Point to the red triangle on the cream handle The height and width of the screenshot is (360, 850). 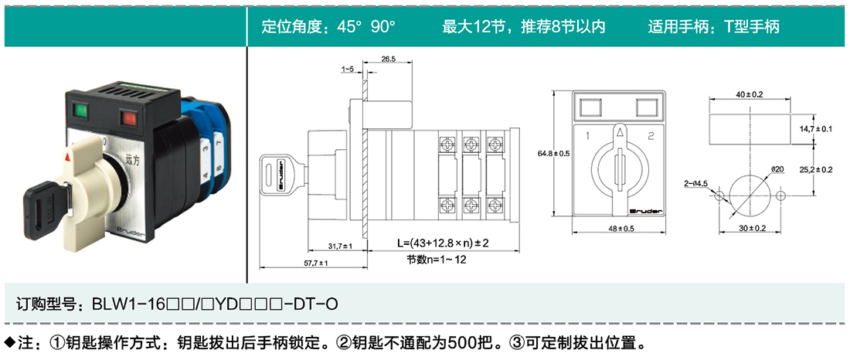(68, 158)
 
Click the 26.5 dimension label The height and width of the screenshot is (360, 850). (389, 58)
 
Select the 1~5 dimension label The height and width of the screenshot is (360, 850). (348, 69)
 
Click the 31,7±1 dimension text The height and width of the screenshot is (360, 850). (341, 246)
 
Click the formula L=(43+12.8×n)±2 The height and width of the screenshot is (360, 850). (444, 243)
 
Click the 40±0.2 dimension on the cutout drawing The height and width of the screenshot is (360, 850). (750, 94)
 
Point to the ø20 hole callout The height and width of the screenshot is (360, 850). (777, 170)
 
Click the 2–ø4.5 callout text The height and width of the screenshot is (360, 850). (696, 184)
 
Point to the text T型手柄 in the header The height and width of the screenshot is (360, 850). (753, 26)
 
